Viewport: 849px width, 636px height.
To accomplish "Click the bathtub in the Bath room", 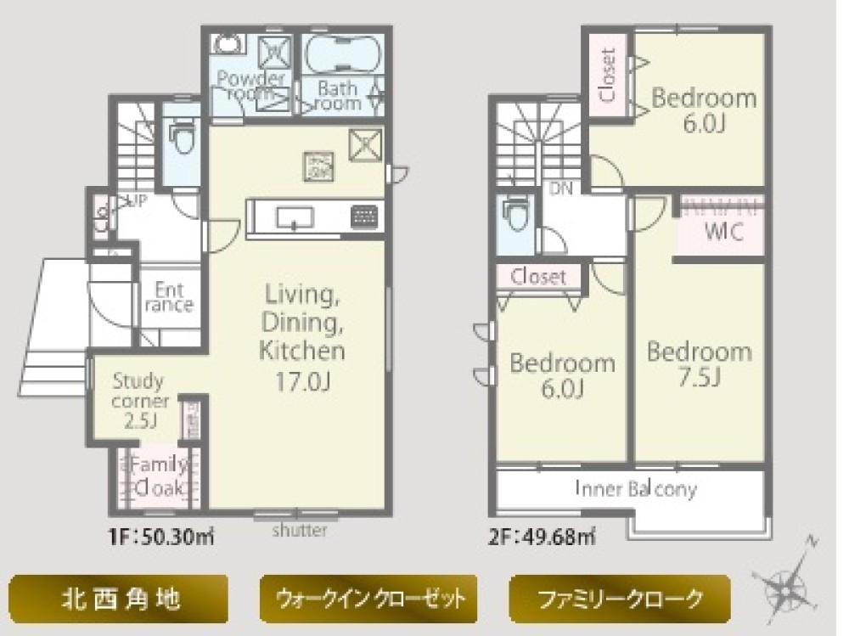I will click(x=344, y=58).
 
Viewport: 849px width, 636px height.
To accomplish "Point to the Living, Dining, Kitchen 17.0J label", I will click(x=304, y=339).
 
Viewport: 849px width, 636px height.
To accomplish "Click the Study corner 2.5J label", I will click(x=141, y=400).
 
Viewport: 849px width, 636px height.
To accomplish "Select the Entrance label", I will click(x=169, y=297).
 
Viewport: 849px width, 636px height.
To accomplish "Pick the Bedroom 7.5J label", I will click(x=699, y=363).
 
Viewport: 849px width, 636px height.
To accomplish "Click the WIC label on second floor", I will click(x=724, y=234).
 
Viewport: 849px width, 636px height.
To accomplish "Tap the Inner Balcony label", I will click(x=635, y=490).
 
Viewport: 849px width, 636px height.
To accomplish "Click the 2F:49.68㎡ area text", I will click(x=542, y=538).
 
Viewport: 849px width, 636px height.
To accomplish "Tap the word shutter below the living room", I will click(x=300, y=532).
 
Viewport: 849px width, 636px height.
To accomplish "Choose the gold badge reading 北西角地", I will click(x=119, y=599).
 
